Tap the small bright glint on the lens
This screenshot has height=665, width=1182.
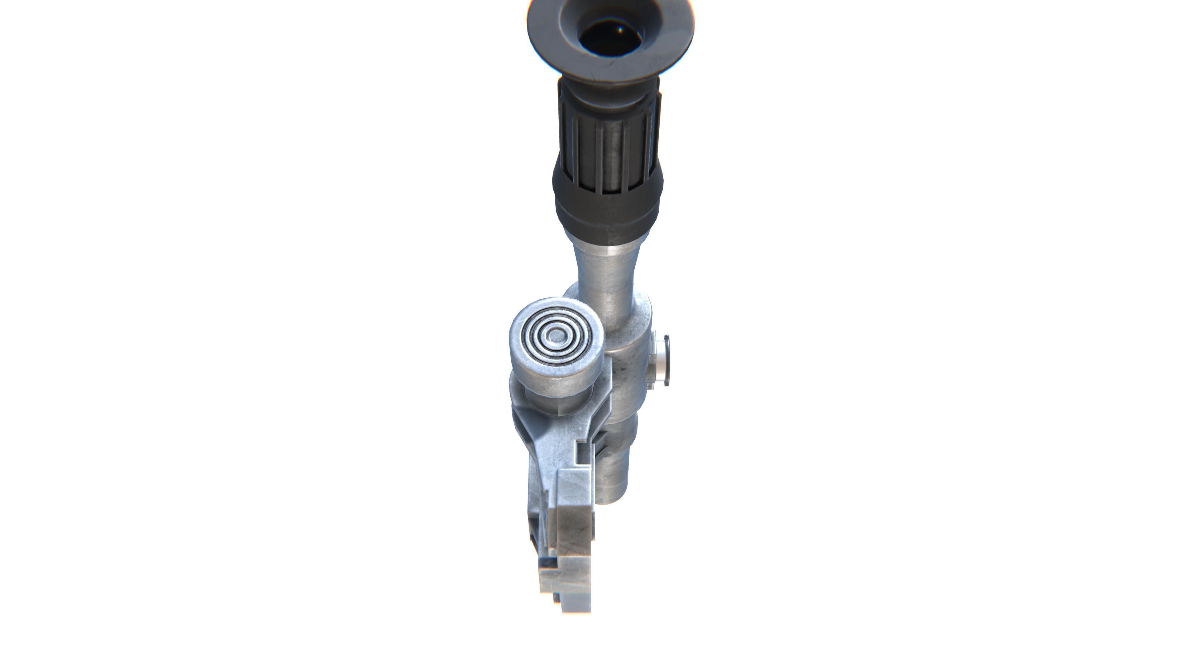620,30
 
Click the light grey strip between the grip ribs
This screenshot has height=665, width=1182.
611,147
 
